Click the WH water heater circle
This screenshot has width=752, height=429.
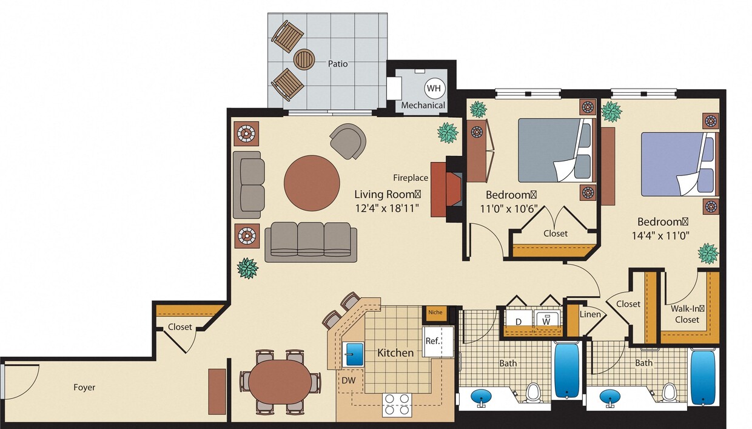[x=434, y=89]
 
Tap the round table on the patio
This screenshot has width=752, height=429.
[x=304, y=59]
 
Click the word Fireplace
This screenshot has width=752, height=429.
[x=411, y=178]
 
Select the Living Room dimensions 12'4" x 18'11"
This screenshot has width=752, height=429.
[x=387, y=207]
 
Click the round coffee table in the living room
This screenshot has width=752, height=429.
[x=312, y=183]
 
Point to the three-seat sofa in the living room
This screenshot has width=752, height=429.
[x=311, y=241]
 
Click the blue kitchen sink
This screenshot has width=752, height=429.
[x=353, y=354]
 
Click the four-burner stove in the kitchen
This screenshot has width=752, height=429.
[x=397, y=404]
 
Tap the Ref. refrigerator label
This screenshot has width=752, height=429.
[x=432, y=341]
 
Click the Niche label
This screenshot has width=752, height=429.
[x=435, y=312]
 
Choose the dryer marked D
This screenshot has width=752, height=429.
[x=519, y=320]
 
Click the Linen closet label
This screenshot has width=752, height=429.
[x=590, y=314]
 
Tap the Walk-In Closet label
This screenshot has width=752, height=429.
[x=687, y=314]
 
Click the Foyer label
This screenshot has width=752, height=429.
[x=84, y=387]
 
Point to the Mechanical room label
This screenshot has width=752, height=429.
[x=423, y=105]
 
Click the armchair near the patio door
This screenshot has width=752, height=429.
[x=349, y=141]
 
